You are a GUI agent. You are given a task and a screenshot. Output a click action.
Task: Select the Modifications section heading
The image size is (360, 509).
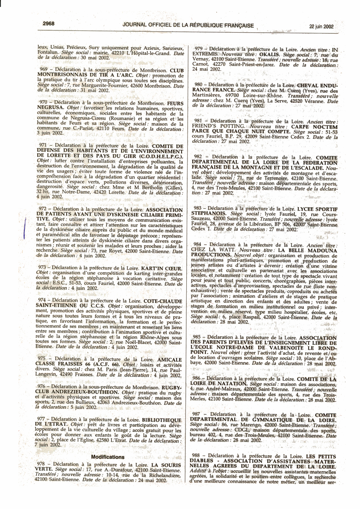[108, 457]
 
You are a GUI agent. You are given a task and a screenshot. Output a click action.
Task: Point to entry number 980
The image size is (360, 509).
[200, 84]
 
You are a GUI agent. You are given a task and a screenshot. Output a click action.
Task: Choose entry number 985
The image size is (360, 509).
[200, 325]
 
